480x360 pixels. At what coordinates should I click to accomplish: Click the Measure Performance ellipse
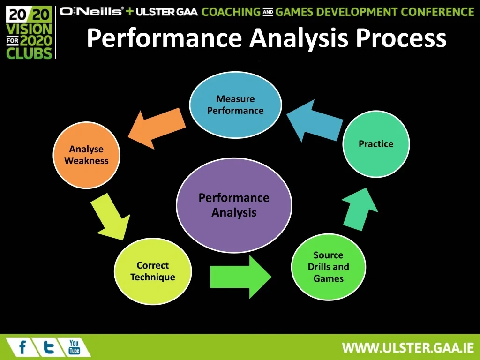click(235, 105)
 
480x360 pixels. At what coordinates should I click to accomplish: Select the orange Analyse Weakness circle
click(87, 155)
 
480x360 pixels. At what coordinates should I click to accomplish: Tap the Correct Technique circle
click(153, 271)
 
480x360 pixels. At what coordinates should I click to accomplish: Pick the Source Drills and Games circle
click(328, 267)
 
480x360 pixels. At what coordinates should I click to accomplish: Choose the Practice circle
click(376, 144)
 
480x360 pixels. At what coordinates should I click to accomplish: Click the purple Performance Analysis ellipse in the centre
click(234, 205)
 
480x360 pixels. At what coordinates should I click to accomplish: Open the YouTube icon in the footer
click(74, 347)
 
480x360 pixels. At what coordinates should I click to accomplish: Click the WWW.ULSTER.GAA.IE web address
click(408, 348)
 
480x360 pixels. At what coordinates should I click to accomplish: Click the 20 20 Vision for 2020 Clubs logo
click(29, 33)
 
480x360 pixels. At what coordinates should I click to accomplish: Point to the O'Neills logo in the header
click(92, 11)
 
